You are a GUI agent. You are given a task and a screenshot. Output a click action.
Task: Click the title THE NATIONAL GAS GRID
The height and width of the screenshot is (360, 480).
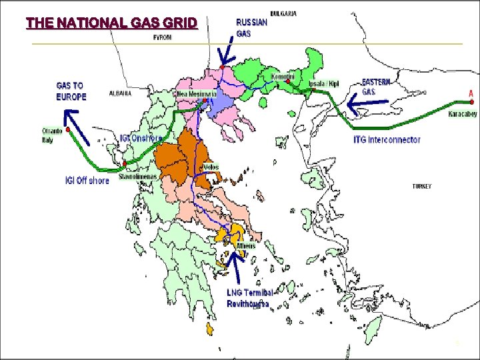pyautogui.click(x=111, y=23)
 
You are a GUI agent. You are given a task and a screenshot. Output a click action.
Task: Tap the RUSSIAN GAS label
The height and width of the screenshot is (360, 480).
pyautogui.click(x=252, y=28)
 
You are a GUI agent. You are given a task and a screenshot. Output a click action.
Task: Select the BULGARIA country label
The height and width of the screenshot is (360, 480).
pyautogui.click(x=284, y=13)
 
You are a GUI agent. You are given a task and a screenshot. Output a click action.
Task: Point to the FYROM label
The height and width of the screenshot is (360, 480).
pyautogui.click(x=162, y=38)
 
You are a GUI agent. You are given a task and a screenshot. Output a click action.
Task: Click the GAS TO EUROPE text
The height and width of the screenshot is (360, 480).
pyautogui.click(x=71, y=91)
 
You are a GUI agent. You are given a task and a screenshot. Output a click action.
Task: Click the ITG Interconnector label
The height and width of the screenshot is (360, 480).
pyautogui.click(x=387, y=140)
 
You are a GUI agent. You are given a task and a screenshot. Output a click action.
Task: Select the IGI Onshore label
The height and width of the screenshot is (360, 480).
pyautogui.click(x=141, y=138)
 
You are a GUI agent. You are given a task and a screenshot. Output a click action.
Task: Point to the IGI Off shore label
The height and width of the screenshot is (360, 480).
pyautogui.click(x=87, y=181)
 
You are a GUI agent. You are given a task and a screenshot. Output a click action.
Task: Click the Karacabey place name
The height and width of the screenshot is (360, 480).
pyautogui.click(x=462, y=114)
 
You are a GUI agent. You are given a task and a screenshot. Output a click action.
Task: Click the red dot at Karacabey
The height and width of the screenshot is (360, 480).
pyautogui.click(x=471, y=103)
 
